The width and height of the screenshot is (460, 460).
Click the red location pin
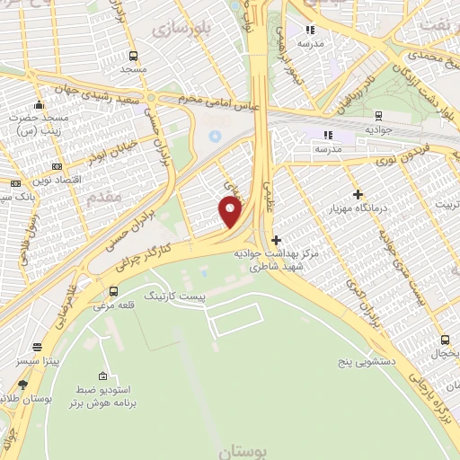click(x=231, y=212)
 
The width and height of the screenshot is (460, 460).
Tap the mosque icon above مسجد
click(x=133, y=54)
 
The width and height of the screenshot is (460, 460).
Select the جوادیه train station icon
click(x=378, y=115)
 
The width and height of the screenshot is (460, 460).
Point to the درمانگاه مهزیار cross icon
click(x=358, y=194)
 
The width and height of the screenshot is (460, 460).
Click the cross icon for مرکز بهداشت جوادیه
click(x=276, y=240)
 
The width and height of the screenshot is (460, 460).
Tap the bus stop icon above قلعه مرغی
click(x=113, y=291)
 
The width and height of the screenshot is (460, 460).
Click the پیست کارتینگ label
click(x=175, y=295)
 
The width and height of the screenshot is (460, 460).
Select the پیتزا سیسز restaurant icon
click(x=37, y=347)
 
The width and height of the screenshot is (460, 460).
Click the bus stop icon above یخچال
click(x=445, y=340)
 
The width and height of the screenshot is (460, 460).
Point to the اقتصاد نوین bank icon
click(x=57, y=166)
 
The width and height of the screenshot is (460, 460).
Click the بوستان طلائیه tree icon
click(x=22, y=385)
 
